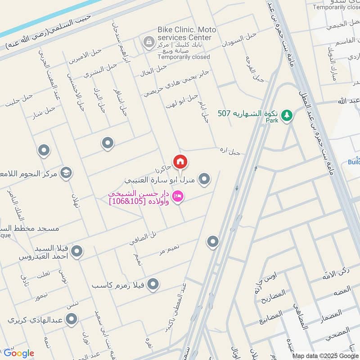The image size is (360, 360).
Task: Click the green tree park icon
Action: coord(286,116)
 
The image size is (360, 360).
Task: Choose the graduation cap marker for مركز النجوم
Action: coord(66,173)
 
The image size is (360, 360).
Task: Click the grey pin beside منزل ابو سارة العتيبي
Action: coord(204,180)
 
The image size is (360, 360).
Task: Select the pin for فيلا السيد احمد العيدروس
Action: coord(77,252)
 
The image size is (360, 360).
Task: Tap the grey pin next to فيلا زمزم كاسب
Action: coord(153,284)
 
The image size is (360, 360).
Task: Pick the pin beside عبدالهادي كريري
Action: coord(71,319)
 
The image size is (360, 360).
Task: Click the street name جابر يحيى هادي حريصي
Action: coord(176,83)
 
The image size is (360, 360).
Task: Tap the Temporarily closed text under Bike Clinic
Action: coord(184,57)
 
